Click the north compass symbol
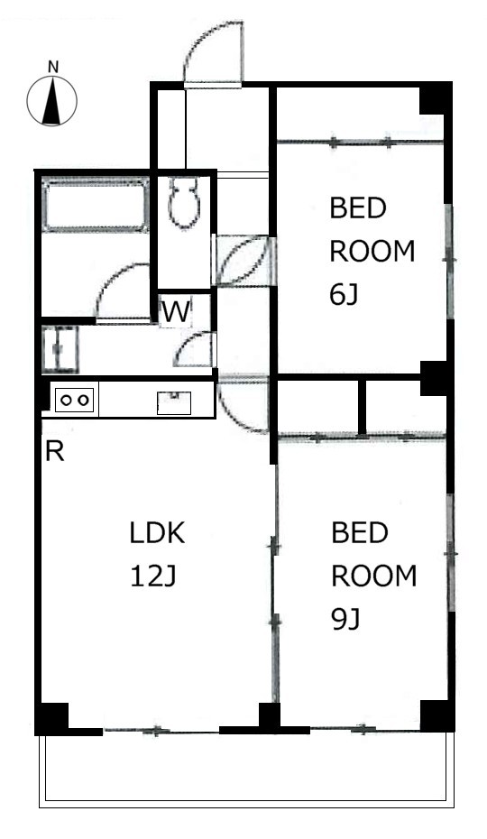52,101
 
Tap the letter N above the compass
52,68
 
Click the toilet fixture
184,203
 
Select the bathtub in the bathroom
95,206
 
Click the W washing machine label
176,312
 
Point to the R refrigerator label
55,452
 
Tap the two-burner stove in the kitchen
74,400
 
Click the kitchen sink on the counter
174,403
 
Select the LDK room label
157,533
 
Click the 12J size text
153,576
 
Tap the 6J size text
344,295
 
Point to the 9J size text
345,620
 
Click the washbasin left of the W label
60,349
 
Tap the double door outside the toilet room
243,260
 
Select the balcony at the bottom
247,770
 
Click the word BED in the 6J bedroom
357,208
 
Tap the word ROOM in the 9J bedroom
373,576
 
